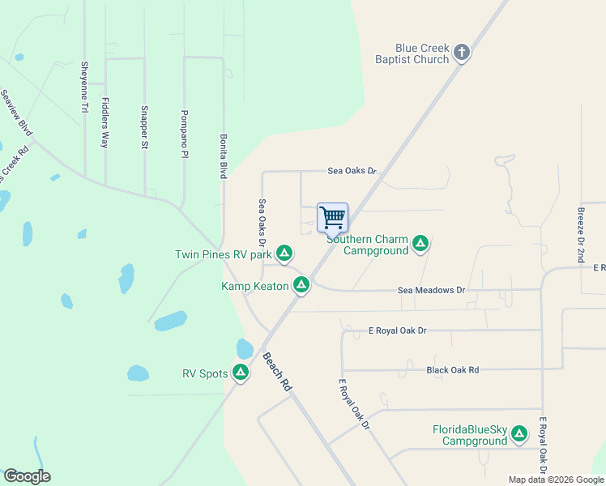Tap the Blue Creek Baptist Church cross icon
(462, 53)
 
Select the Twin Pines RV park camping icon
(284, 254)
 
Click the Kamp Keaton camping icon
(301, 285)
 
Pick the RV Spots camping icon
(241, 373)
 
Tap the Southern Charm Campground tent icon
(420, 244)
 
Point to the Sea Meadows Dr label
(432, 290)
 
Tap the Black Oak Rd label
(452, 370)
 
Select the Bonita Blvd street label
(223, 156)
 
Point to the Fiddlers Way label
(105, 122)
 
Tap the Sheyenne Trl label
(83, 86)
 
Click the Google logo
(27, 475)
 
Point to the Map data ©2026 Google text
(555, 480)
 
